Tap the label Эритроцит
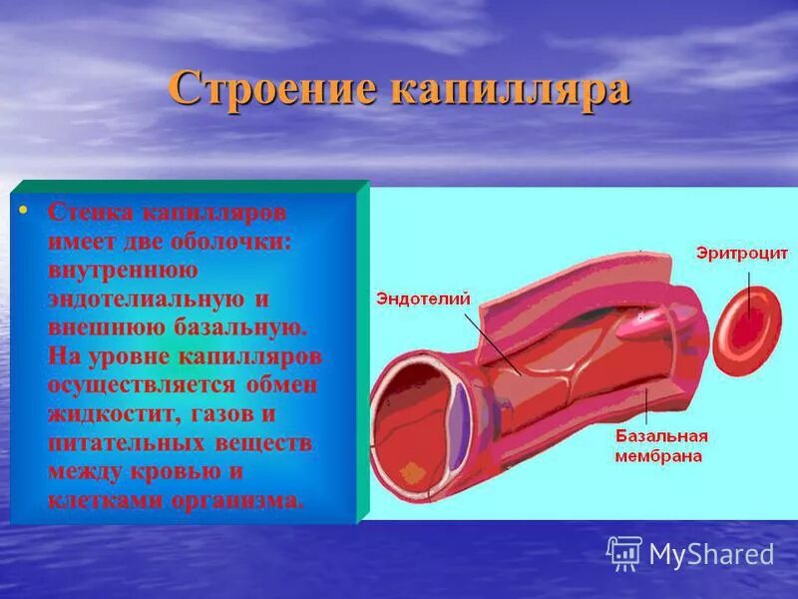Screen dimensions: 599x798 [x=742, y=254]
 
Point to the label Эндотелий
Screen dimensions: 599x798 [x=422, y=298]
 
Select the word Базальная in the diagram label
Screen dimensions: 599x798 [x=659, y=436]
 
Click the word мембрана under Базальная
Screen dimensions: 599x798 [x=657, y=455]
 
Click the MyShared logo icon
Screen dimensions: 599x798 [x=624, y=552]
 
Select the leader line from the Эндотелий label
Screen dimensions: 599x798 [x=490, y=339]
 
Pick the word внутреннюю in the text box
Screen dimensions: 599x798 [x=123, y=270]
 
